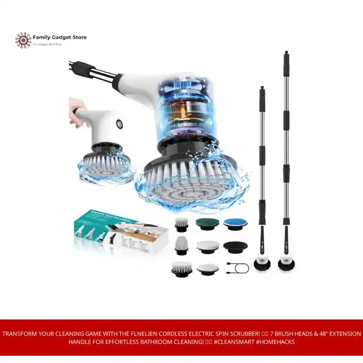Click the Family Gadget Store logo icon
pyautogui.click(x=23, y=40)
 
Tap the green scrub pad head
pyautogui.click(x=206, y=223)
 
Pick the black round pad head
pyautogui.click(x=235, y=246)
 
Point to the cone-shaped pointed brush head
pyautogui.click(x=181, y=246)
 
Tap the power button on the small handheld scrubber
pyautogui.click(x=120, y=124)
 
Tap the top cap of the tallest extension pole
pyautogui.click(x=286, y=54)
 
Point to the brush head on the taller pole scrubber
pyautogui.click(x=286, y=264)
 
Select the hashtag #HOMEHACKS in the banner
pyautogui.click(x=276, y=342)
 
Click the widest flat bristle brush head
pyautogui.click(x=181, y=269)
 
